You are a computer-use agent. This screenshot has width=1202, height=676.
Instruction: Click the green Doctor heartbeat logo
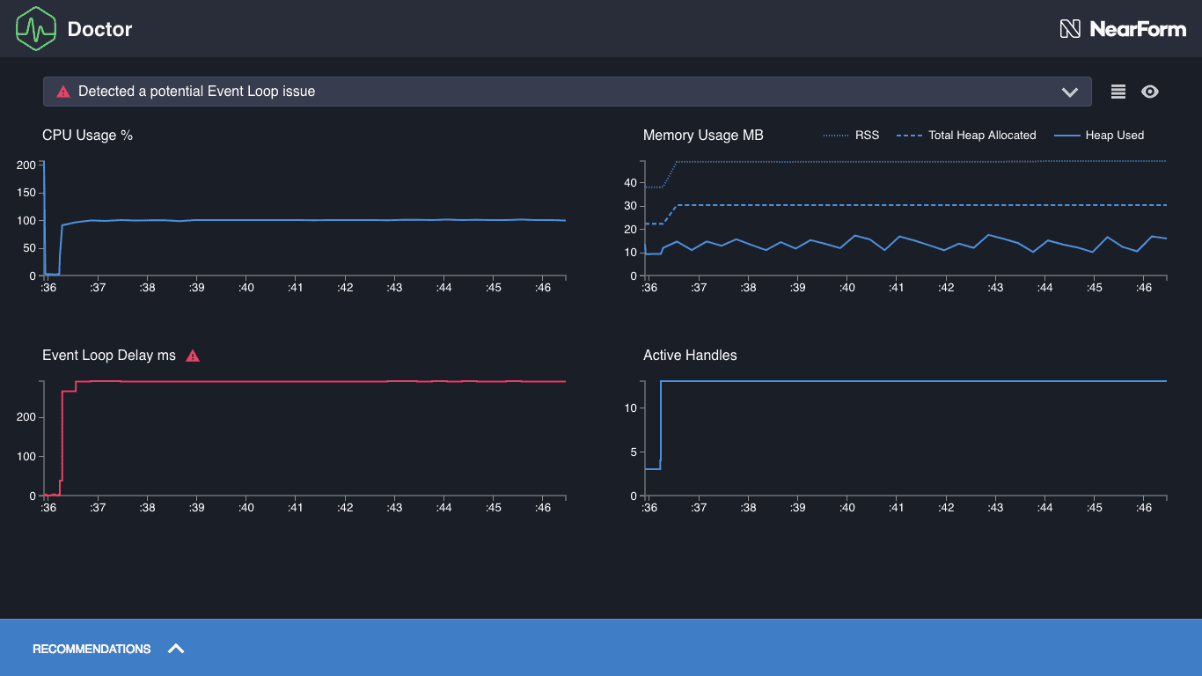tap(36, 28)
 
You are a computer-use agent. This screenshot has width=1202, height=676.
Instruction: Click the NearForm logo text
tap(1137, 29)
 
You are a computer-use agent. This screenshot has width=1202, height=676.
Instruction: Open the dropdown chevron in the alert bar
tap(1069, 92)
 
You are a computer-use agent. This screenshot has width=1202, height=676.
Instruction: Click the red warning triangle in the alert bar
tap(62, 92)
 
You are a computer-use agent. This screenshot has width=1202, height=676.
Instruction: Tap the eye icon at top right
tap(1149, 92)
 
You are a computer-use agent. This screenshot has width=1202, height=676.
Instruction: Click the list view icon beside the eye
tap(1118, 92)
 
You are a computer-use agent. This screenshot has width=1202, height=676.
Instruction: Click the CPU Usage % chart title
tap(87, 136)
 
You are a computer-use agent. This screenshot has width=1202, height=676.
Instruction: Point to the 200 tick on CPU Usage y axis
tap(26, 165)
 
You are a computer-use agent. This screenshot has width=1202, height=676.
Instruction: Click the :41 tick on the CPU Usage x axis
tap(296, 288)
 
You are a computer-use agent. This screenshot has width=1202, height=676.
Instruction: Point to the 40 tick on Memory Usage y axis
tap(630, 183)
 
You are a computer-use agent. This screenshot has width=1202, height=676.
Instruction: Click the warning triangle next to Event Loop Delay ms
tap(193, 356)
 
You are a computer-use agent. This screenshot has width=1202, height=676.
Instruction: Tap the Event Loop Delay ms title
tap(109, 356)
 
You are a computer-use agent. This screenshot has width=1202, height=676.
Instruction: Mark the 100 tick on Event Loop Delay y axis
tap(26, 456)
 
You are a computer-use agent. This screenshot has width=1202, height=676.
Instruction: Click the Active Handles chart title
tap(690, 356)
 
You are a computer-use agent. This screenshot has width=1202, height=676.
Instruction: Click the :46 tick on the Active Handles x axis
tap(1143, 508)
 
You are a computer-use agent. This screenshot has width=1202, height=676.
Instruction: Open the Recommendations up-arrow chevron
tap(176, 649)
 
